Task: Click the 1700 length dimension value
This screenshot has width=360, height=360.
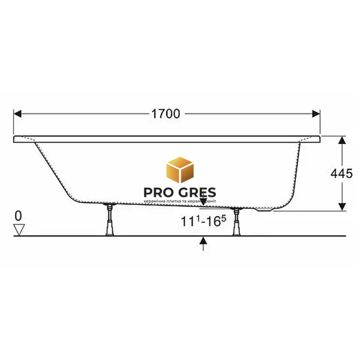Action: pos(166,113)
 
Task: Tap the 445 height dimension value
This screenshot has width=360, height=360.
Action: pos(341,173)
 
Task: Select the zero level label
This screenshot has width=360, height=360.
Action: pos(19,216)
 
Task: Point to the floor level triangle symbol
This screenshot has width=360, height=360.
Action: pos(19,230)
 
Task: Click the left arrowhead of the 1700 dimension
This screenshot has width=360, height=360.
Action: pos(17,113)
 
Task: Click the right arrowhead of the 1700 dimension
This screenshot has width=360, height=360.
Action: pos(316,113)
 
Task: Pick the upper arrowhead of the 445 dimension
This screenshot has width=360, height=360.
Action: pos(342,140)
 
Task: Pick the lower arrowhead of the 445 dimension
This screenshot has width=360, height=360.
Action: pos(342,206)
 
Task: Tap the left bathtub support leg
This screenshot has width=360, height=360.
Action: pos(110,220)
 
